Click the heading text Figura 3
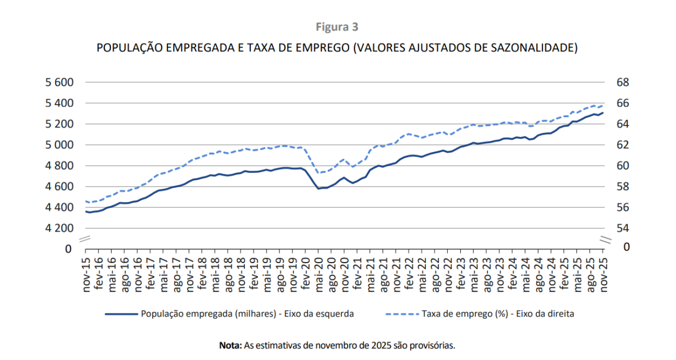coord(337,26)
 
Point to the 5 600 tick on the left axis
coord(59,82)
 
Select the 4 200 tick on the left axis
coord(59,228)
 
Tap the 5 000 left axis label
coord(59,145)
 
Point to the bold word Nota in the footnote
coord(230,345)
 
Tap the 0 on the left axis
coord(69,248)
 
